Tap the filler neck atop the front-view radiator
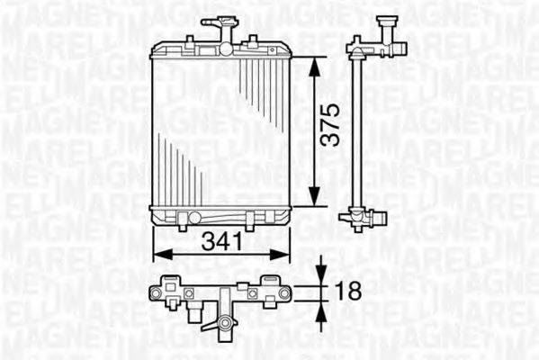tap(215, 26)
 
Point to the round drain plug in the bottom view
tap(222, 323)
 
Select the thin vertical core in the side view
tap(360, 126)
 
